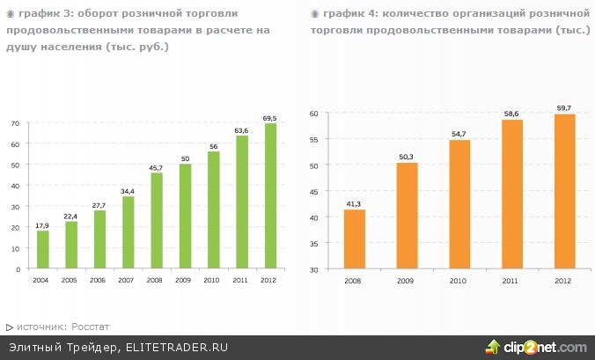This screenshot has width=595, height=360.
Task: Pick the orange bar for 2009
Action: point(407,216)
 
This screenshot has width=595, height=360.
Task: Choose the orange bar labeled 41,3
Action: point(354,239)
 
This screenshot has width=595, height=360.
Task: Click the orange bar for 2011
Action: point(511,195)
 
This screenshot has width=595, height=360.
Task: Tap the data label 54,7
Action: point(459,133)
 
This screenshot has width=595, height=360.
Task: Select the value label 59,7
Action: point(563,107)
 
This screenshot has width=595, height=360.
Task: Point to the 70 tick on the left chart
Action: point(15,123)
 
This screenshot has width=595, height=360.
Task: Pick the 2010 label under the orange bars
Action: point(459,280)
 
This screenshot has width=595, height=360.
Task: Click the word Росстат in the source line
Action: point(92,327)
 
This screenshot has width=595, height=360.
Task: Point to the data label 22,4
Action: point(71,216)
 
